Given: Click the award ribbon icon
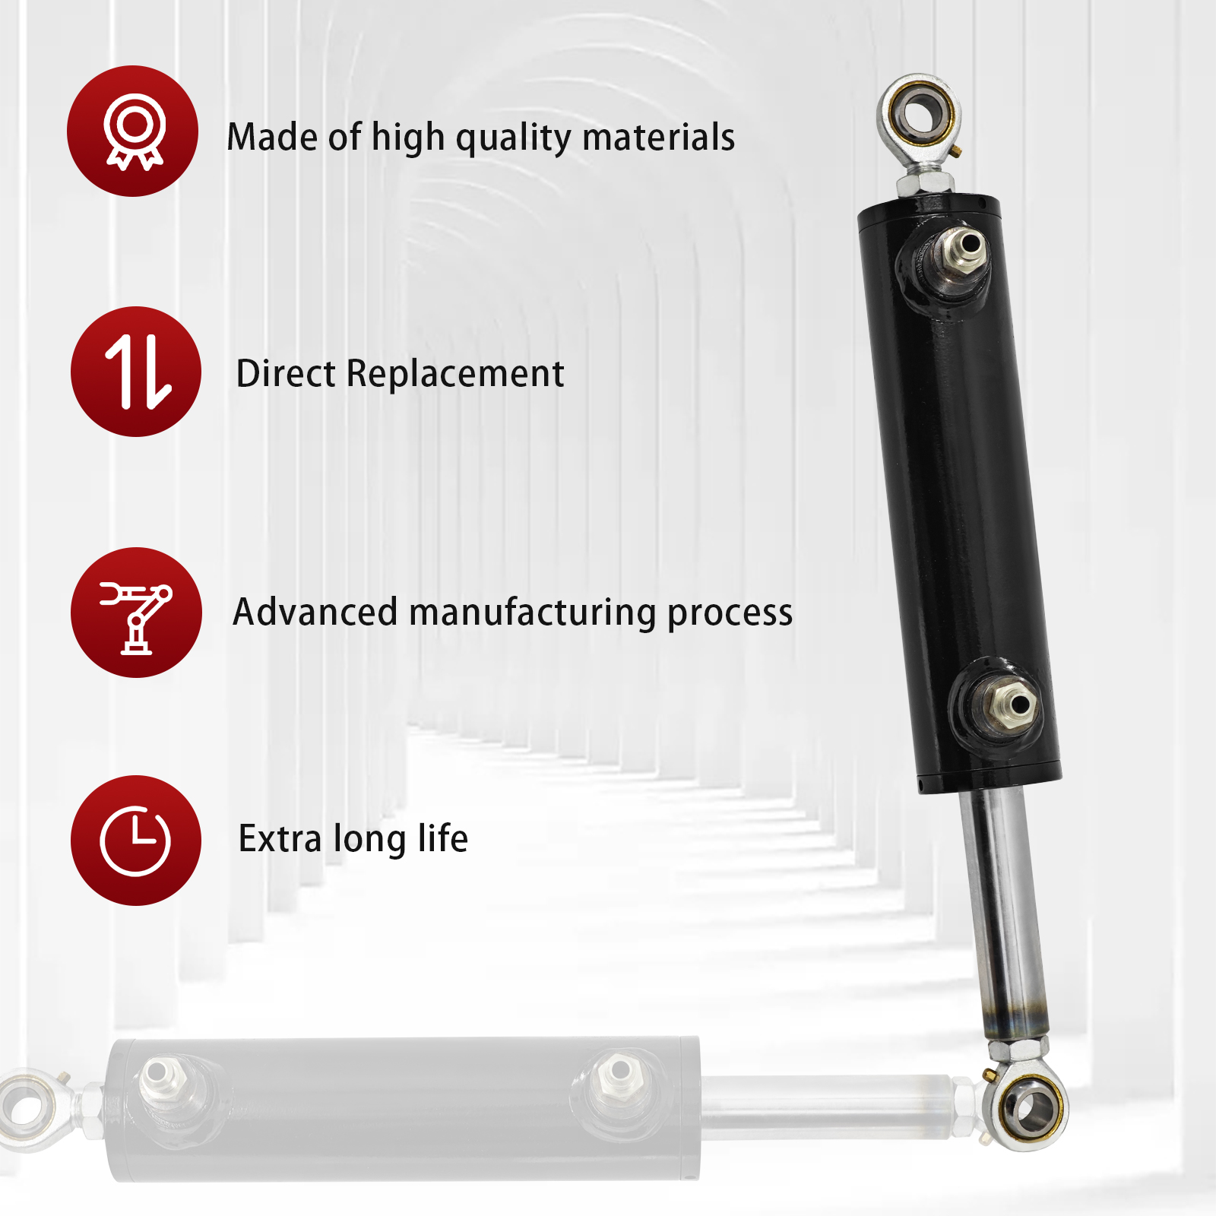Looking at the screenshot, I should pyautogui.click(x=133, y=131).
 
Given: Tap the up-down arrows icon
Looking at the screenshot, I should pyautogui.click(x=137, y=372).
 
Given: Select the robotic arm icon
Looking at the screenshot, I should pyautogui.click(x=137, y=613).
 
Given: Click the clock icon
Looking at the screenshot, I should pyautogui.click(x=135, y=841).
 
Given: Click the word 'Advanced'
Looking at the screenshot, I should pyautogui.click(x=315, y=612).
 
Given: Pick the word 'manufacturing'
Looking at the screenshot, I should pyautogui.click(x=533, y=613).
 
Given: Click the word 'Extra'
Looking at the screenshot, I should pyautogui.click(x=280, y=839).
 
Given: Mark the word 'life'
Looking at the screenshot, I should pyautogui.click(x=442, y=838).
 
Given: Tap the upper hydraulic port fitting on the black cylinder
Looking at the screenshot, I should pyautogui.click(x=964, y=249).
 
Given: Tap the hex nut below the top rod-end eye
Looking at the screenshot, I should pyautogui.click(x=925, y=182).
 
